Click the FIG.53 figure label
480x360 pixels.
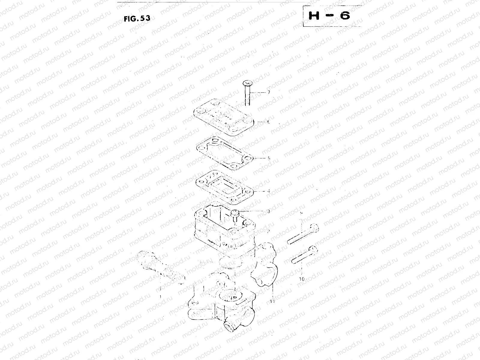137,18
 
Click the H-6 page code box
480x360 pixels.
329,16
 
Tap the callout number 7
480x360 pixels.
268,93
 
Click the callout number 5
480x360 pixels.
269,158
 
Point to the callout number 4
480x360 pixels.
268,191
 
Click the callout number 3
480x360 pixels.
268,211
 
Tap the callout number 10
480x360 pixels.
302,279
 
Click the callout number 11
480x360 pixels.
272,301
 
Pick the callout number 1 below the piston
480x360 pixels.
161,296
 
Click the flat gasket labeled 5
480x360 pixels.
224,153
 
